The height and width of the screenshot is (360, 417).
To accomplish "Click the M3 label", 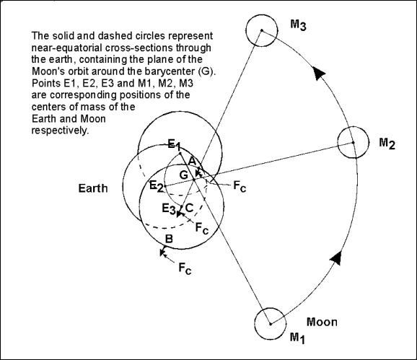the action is tap(298, 25).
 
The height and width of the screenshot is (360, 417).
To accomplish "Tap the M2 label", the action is tap(387, 144).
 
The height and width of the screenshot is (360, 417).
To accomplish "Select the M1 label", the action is tap(297, 338).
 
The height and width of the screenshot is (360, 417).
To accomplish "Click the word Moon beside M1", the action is tap(322, 322).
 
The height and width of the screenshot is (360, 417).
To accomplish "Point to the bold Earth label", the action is tap(93, 188).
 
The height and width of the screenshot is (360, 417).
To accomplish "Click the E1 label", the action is tap(175, 145).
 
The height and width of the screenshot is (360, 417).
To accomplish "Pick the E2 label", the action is tap(156, 185).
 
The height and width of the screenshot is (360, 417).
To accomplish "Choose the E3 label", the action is tap(169, 208).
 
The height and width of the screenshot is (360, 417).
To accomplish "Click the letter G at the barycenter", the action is tap(184, 175).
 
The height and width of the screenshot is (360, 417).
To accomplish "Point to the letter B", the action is tap(169, 239).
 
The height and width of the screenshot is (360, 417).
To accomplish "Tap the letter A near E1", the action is tap(192, 161).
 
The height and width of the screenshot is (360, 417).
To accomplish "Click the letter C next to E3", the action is tap(189, 207).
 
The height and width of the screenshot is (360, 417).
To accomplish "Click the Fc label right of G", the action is tap(240, 185).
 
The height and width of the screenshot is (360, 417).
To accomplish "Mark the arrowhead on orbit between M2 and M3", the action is tap(318, 72).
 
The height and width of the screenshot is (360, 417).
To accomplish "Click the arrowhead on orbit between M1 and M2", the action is tap(336, 258).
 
